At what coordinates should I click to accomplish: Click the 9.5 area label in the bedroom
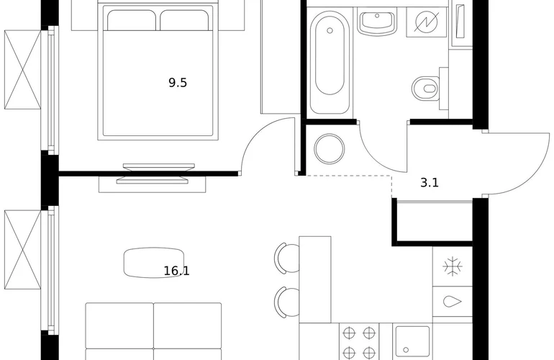pos(178,83)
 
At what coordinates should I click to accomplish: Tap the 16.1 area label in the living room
pos(177,271)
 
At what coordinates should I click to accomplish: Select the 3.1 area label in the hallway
pos(430,182)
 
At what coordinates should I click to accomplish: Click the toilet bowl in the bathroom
pos(425,88)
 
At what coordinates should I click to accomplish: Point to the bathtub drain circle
pos(330,31)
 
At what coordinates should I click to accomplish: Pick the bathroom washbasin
pos(377,21)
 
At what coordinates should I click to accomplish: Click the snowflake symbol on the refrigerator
pos(453,266)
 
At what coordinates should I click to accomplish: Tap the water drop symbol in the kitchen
pos(453,301)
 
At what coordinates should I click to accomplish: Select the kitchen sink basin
pos(412,341)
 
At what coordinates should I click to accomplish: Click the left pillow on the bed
pos(131,20)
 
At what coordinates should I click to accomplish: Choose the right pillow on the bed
pos(184,20)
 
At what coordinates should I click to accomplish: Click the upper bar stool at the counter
pos(286,258)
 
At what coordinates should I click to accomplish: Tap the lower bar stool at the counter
pos(286,302)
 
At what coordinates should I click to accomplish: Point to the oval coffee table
pos(154,262)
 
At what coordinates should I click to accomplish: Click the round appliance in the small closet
pos(330,148)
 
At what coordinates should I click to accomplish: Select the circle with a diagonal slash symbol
pos(427,22)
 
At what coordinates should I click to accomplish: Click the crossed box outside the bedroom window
pos(22,70)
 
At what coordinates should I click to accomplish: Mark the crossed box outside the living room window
pos(22,250)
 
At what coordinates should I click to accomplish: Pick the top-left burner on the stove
pos(349,333)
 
